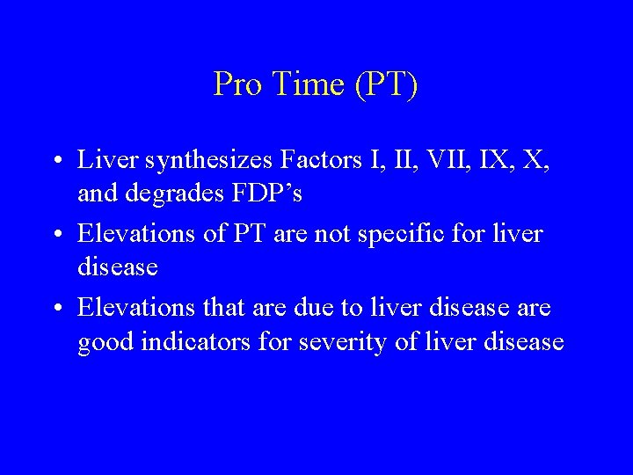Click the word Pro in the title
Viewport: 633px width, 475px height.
point(235,84)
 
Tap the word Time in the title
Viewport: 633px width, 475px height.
point(297,84)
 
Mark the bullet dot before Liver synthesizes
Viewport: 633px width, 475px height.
point(55,162)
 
